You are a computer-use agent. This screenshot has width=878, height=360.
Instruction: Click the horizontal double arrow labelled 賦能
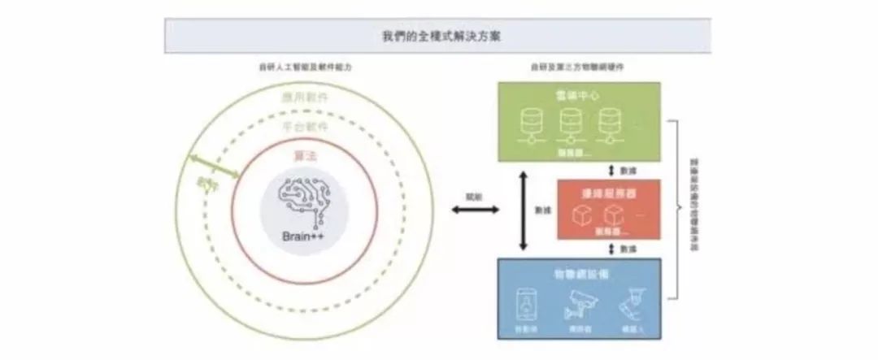(476, 210)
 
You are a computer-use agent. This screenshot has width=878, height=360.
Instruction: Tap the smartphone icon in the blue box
(526, 304)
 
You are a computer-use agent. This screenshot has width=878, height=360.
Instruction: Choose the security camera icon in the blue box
(579, 304)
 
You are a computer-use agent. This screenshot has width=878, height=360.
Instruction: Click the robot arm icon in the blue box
(629, 305)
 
